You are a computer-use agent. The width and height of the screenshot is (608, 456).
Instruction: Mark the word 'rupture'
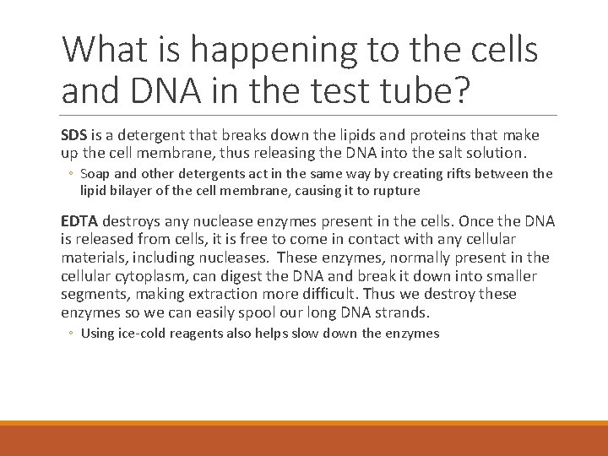395,190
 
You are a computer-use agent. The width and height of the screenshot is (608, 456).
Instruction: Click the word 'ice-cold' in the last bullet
143,334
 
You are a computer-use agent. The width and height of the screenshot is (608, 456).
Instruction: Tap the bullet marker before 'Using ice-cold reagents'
72,334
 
